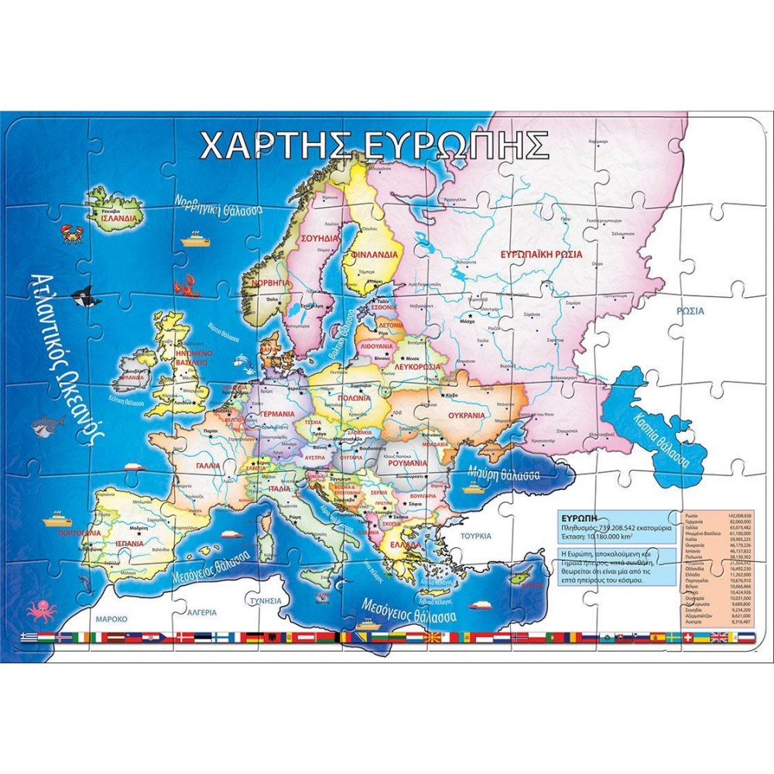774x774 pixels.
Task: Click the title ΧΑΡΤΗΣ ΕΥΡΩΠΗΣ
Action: [374, 145]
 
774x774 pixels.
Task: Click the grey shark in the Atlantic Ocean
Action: [48, 424]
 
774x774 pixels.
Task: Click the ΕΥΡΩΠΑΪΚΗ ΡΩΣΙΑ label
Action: [541, 254]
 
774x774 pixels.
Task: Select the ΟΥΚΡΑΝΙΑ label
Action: [465, 415]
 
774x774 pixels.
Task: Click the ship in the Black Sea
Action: [474, 488]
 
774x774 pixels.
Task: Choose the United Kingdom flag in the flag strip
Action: [719, 637]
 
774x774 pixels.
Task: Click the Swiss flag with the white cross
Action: [682, 637]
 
